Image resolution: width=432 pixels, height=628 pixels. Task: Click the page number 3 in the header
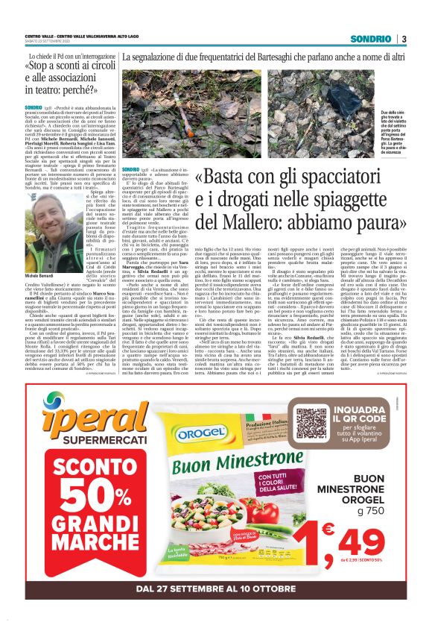(x=403, y=39)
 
